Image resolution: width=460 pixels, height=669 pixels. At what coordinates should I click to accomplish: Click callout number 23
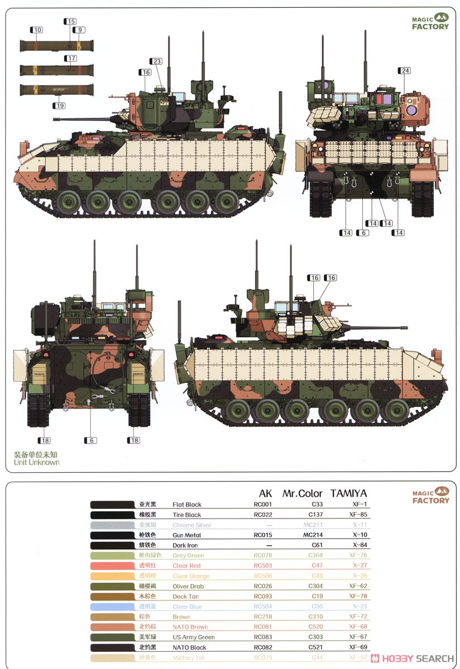(156, 61)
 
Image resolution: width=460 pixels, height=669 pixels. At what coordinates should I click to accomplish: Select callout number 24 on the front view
(405, 70)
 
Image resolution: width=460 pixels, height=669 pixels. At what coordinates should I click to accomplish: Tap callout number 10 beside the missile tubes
(37, 30)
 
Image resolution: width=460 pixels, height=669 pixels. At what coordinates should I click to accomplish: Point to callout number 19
(60, 105)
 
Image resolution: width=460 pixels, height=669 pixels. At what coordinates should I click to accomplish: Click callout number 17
(71, 59)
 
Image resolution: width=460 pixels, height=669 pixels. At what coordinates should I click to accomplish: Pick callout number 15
(70, 22)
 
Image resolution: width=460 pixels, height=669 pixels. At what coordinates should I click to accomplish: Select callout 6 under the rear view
(90, 440)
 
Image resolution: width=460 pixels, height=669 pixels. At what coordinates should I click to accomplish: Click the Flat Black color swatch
(111, 505)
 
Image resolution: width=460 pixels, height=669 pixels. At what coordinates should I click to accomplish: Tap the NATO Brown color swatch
(111, 627)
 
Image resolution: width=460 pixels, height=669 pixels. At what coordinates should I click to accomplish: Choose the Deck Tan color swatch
(111, 597)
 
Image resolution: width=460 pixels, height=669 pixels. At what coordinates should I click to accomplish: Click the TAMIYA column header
(349, 493)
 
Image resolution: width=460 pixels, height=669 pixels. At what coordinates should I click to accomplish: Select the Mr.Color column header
(303, 493)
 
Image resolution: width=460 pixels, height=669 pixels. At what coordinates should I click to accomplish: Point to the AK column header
(265, 493)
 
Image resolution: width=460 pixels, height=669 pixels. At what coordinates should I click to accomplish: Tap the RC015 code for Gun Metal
(262, 535)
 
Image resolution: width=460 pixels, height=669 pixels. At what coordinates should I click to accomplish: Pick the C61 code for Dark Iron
(316, 545)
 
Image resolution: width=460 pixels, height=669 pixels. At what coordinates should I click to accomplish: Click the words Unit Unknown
(37, 462)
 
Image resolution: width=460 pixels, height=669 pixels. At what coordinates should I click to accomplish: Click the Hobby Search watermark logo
(413, 658)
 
